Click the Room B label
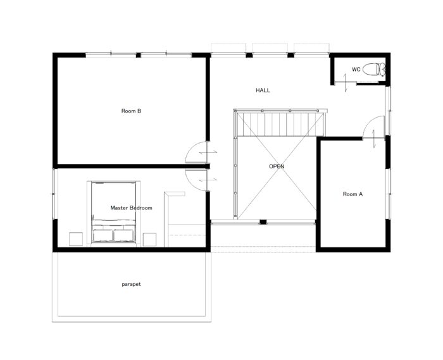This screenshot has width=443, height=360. pos(131,111)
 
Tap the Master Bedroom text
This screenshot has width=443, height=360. pos(131,208)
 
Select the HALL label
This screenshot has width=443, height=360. pos(263,90)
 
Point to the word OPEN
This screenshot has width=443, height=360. pos(277,166)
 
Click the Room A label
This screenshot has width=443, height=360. pos(353,194)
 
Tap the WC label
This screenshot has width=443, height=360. pos(356,69)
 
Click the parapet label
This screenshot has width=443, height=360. pos(131,284)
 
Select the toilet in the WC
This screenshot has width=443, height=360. pos(374,69)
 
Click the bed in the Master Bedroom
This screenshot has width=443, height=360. pos(113,213)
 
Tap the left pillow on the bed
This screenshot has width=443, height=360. pos(103,235)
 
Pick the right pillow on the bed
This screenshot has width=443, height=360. pos(123,235)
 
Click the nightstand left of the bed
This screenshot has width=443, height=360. pos(76,239)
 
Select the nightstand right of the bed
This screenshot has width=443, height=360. pos(149,239)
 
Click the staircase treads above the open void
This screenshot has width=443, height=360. pos(280,124)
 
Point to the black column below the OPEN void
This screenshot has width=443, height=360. pos(263,222)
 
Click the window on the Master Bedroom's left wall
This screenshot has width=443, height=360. pos(54,194)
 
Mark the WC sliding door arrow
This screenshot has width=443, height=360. pos(345,83)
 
